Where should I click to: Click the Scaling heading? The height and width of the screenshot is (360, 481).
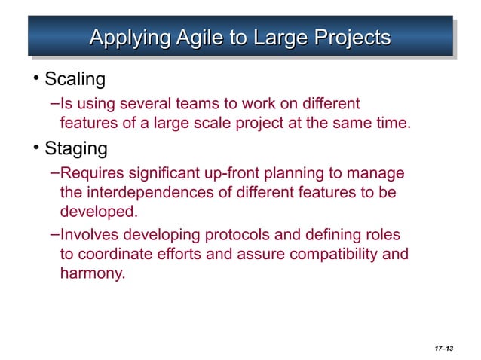75,78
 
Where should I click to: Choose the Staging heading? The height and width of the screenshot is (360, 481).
76,148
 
